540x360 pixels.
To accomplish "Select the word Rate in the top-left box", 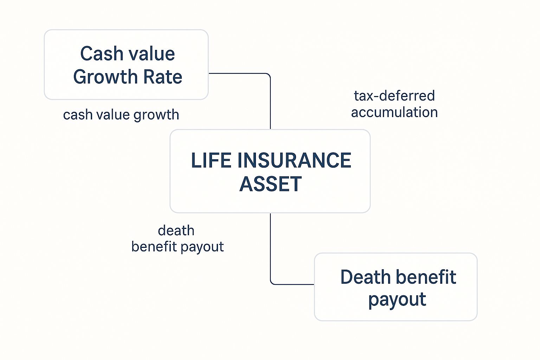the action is click(163, 77).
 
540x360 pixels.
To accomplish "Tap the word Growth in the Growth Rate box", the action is click(105, 77).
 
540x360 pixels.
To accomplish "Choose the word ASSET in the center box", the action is click(270, 184).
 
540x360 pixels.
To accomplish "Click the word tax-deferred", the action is click(394, 96).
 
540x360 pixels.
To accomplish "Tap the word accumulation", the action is click(394, 112).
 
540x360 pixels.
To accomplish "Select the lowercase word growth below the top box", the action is click(156, 115).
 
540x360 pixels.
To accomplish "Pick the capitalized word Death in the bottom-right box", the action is click(365, 277).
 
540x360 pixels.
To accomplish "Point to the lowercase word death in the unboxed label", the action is click(176, 231).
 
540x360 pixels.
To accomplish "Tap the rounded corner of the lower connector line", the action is click(272, 283).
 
